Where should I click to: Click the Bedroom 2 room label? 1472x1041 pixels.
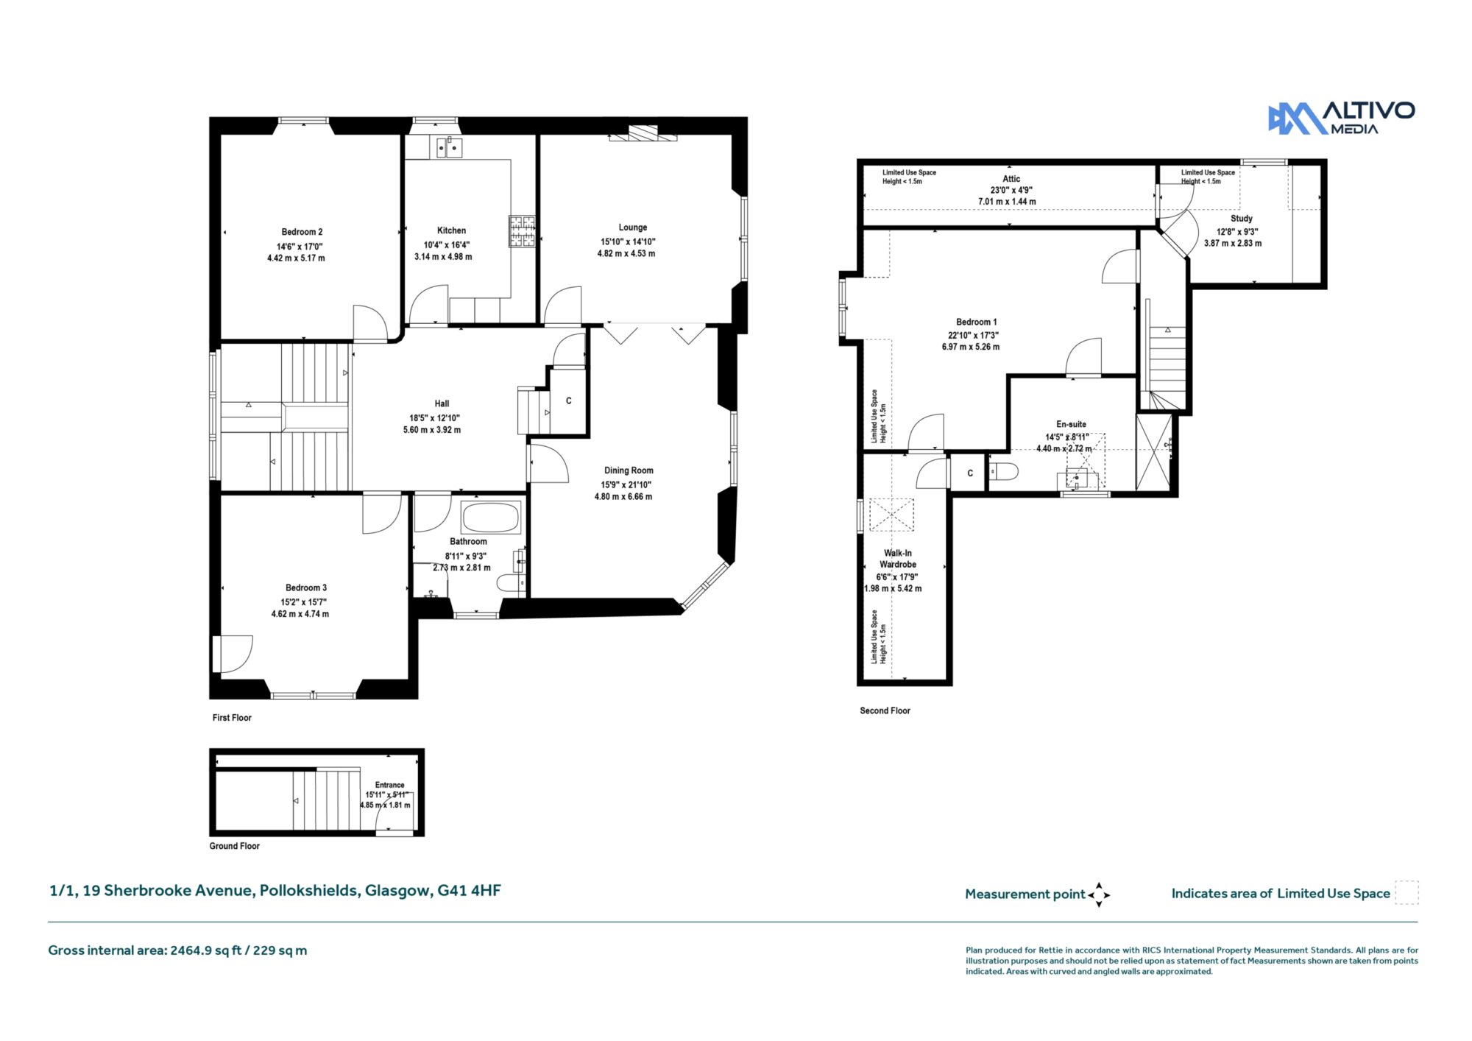coord(302,232)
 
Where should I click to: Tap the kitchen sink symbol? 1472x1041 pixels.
coord(449,147)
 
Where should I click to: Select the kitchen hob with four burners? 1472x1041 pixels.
coord(522,231)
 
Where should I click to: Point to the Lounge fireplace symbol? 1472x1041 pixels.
coord(643,133)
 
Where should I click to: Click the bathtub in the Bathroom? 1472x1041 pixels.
coord(491,517)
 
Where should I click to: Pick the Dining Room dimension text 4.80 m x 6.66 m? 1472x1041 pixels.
coord(623,497)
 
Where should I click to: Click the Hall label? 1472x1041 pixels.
coord(442,403)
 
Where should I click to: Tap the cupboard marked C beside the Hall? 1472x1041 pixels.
coord(568,401)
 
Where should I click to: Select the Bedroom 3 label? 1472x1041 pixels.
coord(306,587)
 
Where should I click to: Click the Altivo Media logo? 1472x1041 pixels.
coord(1341,118)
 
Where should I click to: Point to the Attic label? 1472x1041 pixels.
coord(1011,179)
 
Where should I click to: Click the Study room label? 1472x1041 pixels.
coord(1241,219)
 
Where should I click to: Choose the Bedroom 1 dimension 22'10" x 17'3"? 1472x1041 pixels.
coord(973,335)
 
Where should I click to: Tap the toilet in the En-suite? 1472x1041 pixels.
coord(1003,471)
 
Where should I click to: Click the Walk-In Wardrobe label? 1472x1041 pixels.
coord(898,559)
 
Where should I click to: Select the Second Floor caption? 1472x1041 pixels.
coord(885,710)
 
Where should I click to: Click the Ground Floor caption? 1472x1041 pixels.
coord(234,846)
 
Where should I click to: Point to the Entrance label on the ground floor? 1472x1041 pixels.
coord(389,785)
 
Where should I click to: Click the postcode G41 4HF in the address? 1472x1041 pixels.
coord(469,890)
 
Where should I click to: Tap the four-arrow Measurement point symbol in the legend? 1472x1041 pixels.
coord(1099,894)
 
